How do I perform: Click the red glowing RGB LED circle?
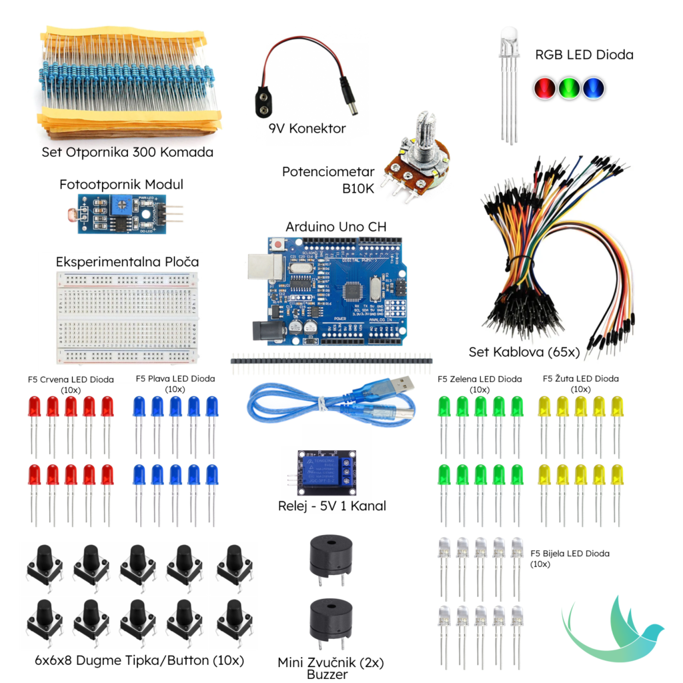pos(545,87)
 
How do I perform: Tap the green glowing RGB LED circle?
pos(569,87)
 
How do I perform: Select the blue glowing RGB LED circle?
pos(593,87)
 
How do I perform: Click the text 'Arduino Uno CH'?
pos(335,227)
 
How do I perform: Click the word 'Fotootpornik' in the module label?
pos(95,184)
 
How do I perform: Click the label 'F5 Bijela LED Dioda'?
pos(570,553)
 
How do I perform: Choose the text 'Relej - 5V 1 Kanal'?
pos(331,506)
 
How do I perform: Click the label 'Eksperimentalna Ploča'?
pos(127,261)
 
